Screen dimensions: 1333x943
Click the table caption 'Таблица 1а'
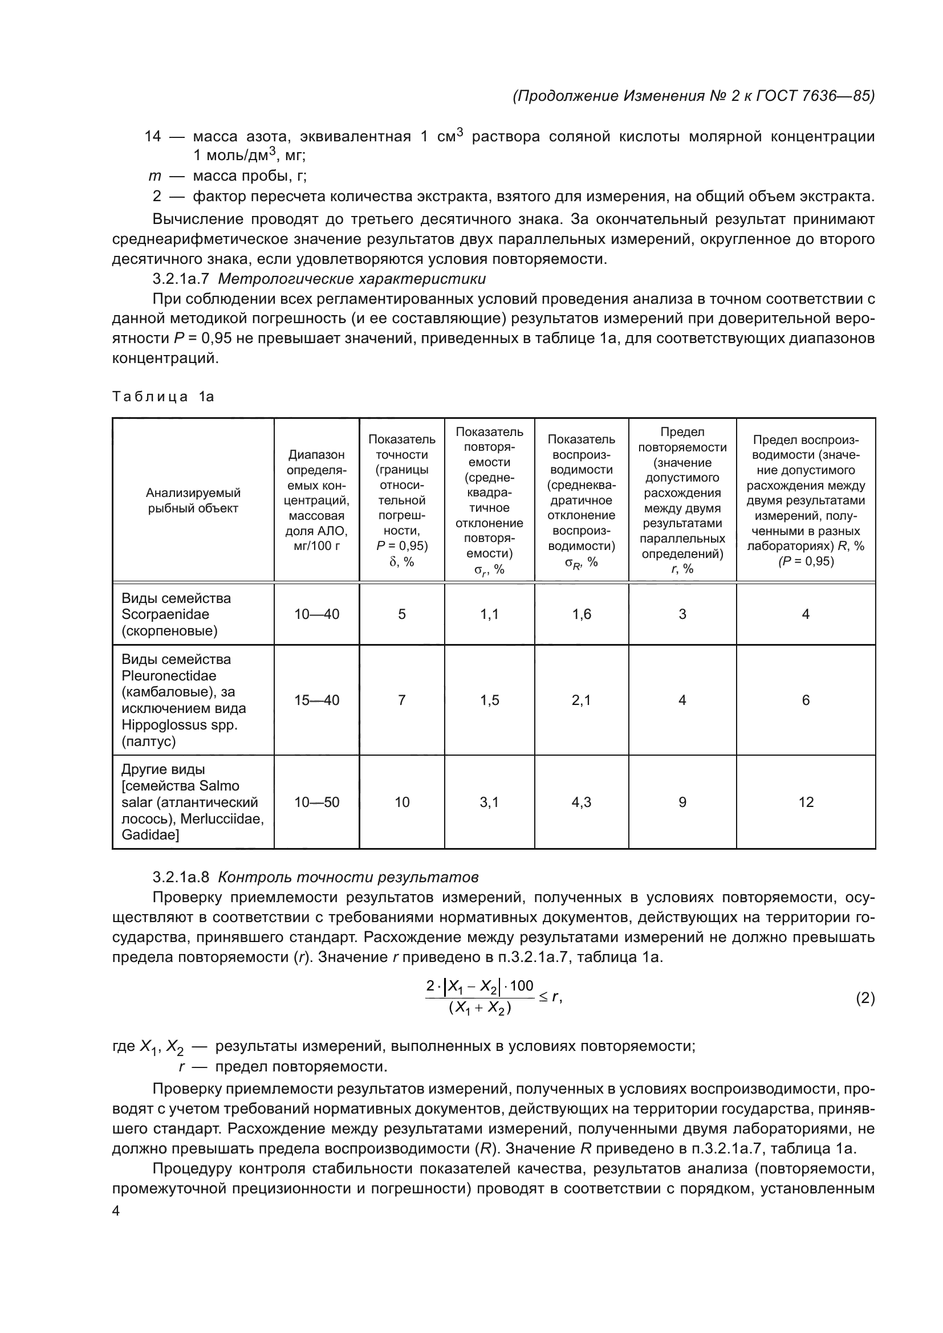162,397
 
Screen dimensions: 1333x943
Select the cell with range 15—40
316,700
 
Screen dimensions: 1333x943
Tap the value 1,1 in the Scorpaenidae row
490,614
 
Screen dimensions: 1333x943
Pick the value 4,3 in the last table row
581,802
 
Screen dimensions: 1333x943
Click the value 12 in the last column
806,802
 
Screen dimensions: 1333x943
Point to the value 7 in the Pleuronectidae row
402,700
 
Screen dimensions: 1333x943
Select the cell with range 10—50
316,802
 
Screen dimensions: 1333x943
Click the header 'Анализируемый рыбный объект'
193,500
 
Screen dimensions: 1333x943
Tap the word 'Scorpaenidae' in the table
165,614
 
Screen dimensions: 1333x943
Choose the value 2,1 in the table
581,700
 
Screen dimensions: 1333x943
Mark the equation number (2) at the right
865,998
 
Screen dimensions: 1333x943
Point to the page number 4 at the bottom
116,1211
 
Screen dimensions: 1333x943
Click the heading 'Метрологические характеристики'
352,279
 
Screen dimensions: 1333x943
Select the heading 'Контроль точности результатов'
348,877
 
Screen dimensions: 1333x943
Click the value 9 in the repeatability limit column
682,802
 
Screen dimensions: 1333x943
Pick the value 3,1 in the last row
490,802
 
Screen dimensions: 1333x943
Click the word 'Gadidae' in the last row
150,835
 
